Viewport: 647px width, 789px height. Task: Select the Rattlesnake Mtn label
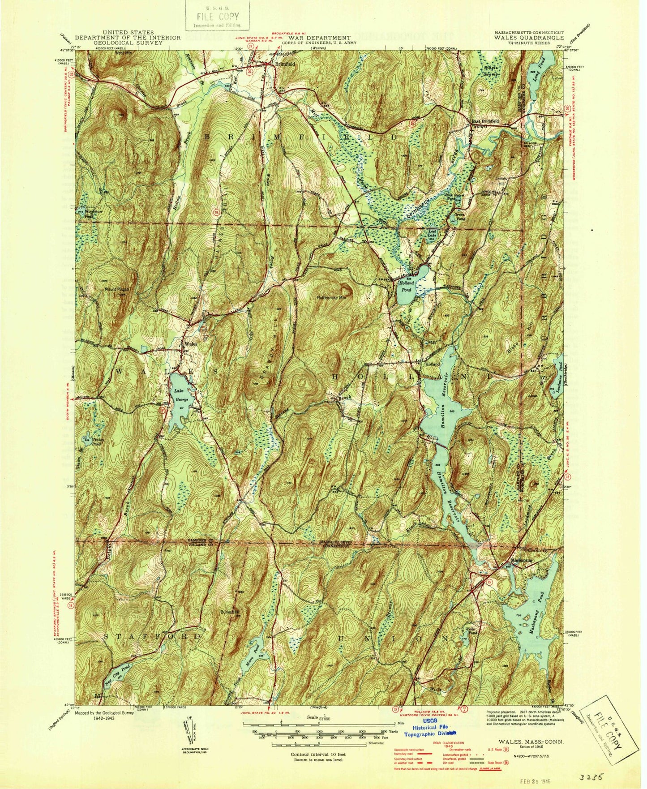tap(332, 297)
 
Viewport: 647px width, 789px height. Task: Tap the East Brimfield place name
tap(484, 121)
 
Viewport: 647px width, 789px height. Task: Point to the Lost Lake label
tap(432, 234)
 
